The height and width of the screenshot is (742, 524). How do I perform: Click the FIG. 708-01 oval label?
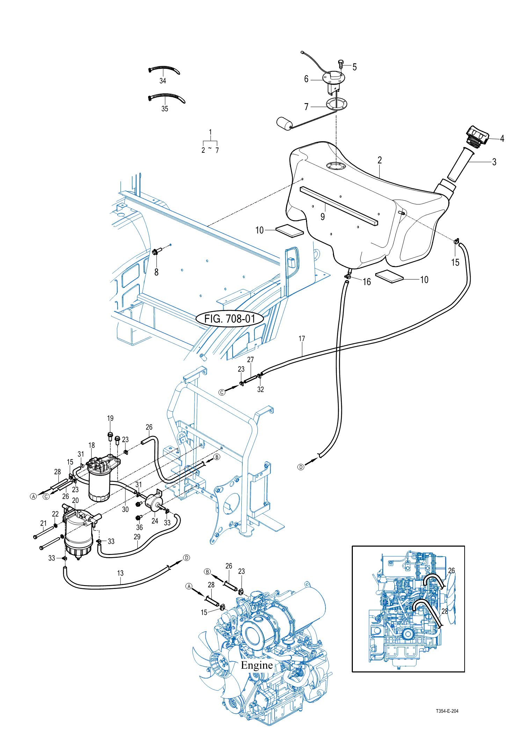pyautogui.click(x=230, y=318)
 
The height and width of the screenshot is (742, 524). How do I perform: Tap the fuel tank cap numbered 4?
pyautogui.click(x=478, y=137)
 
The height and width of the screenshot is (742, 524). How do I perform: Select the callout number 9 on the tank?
pyautogui.click(x=322, y=217)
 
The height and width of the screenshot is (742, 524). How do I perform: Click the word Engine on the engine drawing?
pyautogui.click(x=257, y=665)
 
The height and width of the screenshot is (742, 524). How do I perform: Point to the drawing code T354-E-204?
pyautogui.click(x=447, y=711)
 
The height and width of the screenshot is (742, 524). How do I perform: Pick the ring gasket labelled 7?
pyautogui.click(x=336, y=104)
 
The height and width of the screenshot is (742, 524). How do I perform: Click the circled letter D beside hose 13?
pyautogui.click(x=187, y=557)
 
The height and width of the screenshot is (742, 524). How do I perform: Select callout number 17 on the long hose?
pyautogui.click(x=302, y=339)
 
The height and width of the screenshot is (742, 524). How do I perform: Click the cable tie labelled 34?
pyautogui.click(x=164, y=70)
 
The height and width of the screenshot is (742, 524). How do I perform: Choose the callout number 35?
pyautogui.click(x=165, y=109)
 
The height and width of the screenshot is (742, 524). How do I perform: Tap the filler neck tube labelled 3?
pyautogui.click(x=460, y=164)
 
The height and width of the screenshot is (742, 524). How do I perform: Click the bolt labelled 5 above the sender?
pyautogui.click(x=341, y=64)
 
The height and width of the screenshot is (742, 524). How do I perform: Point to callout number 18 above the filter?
pyautogui.click(x=92, y=445)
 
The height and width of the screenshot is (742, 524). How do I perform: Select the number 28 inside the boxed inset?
pyautogui.click(x=444, y=611)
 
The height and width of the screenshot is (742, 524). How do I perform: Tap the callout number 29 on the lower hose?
pyautogui.click(x=137, y=536)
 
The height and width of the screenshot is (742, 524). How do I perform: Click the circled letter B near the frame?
pyautogui.click(x=217, y=457)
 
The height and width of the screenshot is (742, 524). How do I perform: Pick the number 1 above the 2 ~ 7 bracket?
pyautogui.click(x=210, y=132)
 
